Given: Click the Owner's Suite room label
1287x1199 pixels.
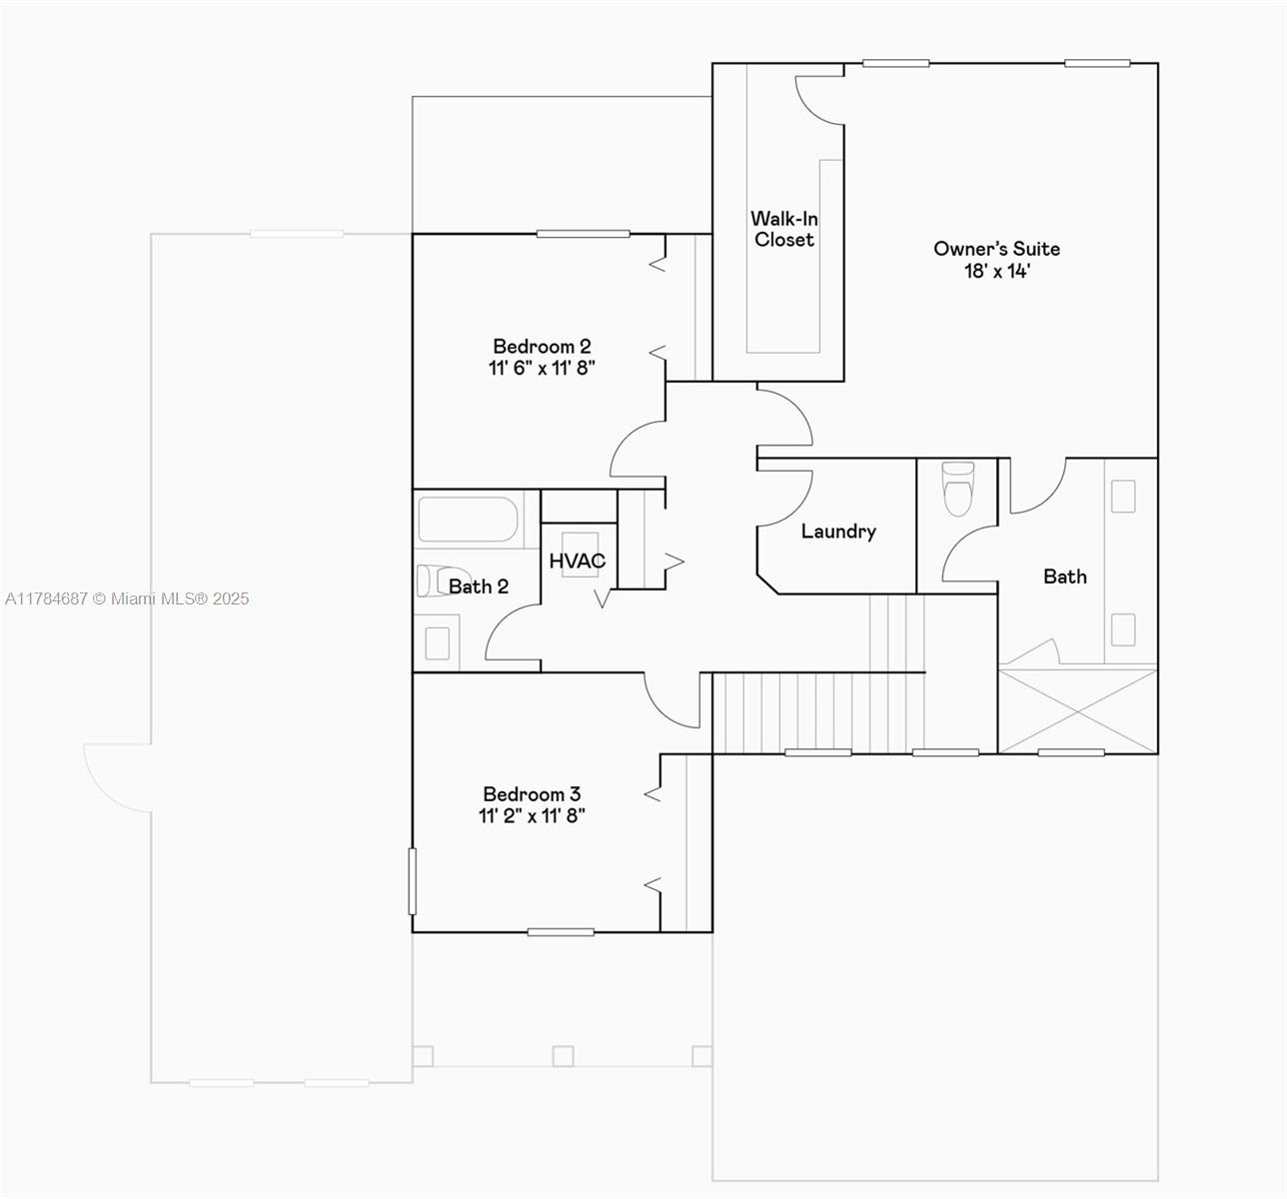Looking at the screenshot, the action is point(996,249).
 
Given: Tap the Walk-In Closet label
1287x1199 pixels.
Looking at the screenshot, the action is point(784,229).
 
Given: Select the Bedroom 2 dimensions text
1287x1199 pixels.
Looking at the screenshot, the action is point(542,368).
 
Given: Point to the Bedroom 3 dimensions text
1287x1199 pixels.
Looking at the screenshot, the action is point(532,816).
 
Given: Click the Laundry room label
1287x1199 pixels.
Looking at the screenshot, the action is point(838,532).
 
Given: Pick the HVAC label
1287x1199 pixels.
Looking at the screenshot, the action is point(578,561).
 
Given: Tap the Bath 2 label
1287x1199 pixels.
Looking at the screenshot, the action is point(479,587).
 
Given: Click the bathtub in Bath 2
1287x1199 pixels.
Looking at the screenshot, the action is point(468,520).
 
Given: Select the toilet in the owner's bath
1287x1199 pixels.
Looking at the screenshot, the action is point(958,489).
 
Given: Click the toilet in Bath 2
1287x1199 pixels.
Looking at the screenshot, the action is point(435,581).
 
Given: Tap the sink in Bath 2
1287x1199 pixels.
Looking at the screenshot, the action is point(437,643).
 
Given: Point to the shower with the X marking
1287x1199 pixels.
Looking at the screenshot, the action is point(1078,711).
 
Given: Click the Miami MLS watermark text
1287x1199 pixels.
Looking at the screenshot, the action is point(127,599).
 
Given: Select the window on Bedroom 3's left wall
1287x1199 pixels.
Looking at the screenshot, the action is point(412,881).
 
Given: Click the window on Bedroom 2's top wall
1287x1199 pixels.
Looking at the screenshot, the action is point(584,234).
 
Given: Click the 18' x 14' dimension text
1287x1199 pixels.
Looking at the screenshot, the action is point(996,272).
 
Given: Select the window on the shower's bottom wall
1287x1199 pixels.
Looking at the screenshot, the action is point(1071,752).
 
